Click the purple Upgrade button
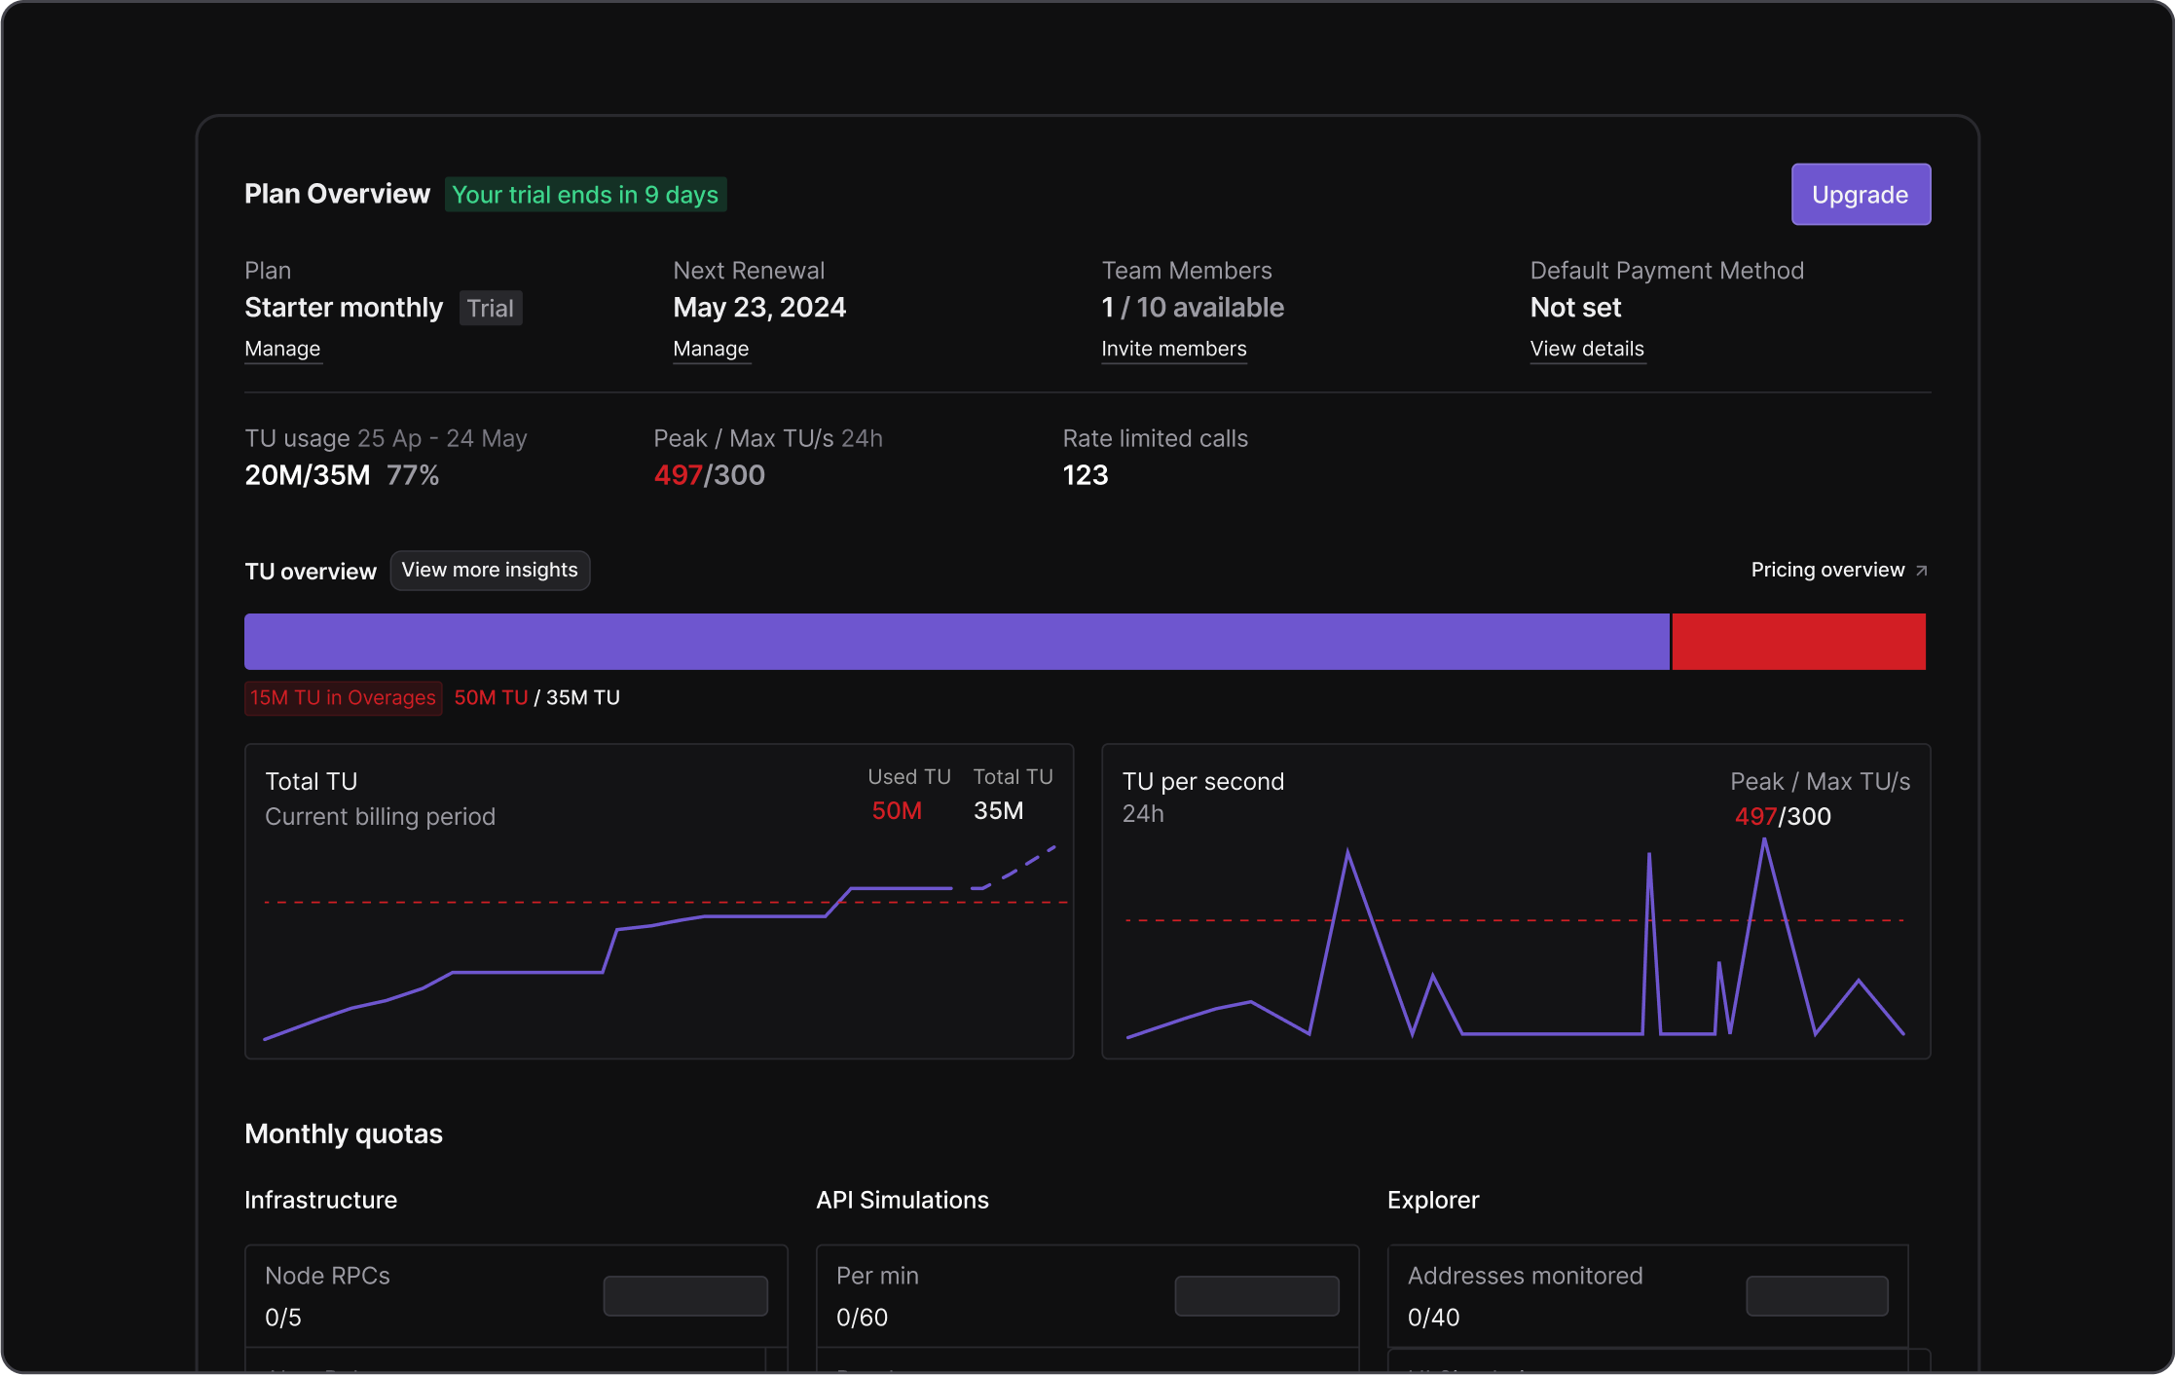point(1860,195)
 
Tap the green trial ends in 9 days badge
point(585,195)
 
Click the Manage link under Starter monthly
point(282,349)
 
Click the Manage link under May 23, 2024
point(711,349)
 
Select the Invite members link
point(1173,349)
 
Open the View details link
point(1586,349)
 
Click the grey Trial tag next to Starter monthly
point(490,309)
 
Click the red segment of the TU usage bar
point(1797,642)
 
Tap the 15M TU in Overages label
point(343,698)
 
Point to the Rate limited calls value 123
point(1085,475)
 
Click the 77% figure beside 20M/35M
point(413,475)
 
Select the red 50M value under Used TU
point(896,811)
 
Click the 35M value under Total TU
point(998,811)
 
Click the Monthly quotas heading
point(343,1134)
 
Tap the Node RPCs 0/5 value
point(283,1318)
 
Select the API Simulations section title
point(902,1201)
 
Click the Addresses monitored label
point(1525,1276)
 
